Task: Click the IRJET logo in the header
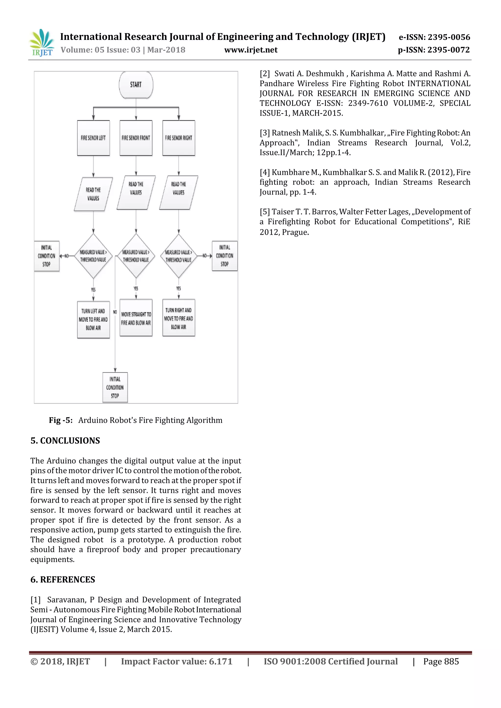(x=42, y=43)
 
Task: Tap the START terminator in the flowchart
(x=136, y=85)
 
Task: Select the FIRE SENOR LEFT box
(x=93, y=138)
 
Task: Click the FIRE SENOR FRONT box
(x=136, y=138)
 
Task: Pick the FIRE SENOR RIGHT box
(x=179, y=138)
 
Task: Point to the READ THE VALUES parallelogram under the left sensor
(x=93, y=194)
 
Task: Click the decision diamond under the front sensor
(x=136, y=256)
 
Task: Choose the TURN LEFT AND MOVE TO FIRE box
(x=93, y=320)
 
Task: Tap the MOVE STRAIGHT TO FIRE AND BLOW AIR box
(x=136, y=318)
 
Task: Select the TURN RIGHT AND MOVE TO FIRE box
(x=179, y=318)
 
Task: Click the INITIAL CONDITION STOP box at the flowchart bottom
(x=115, y=387)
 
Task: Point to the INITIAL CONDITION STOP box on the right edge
(x=225, y=256)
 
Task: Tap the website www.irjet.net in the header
(x=251, y=50)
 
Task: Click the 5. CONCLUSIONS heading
(x=65, y=441)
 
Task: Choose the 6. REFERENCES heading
(x=63, y=579)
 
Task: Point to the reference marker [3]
(x=265, y=133)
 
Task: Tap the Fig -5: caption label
(x=61, y=420)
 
